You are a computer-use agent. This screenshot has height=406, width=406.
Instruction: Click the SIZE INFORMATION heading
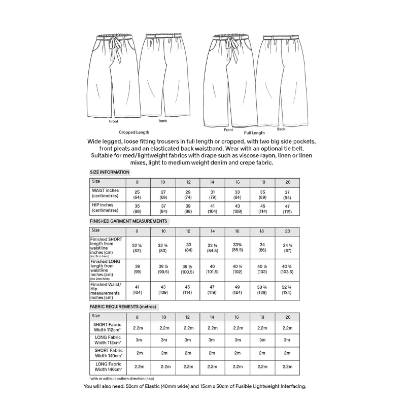[109, 173]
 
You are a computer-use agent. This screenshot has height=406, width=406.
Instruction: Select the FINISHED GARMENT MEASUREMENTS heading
[128, 221]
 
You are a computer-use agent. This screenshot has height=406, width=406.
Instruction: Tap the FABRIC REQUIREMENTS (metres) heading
[123, 307]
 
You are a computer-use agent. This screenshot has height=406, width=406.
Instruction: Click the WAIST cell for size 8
[137, 194]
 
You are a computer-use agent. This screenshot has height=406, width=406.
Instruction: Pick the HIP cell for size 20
[287, 209]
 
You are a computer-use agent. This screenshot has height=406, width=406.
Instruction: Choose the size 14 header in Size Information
[213, 182]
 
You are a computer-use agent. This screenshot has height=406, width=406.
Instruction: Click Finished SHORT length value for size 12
[188, 247]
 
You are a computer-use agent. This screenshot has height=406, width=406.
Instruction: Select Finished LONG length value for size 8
[137, 269]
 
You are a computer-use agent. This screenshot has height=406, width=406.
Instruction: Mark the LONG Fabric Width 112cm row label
[107, 340]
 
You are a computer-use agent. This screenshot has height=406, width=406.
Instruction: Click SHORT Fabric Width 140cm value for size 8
[137, 353]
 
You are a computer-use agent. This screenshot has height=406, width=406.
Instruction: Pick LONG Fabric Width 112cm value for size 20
[287, 340]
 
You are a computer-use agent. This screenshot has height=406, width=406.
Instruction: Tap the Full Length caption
[254, 133]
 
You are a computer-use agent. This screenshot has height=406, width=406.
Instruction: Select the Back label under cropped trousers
[162, 121]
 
